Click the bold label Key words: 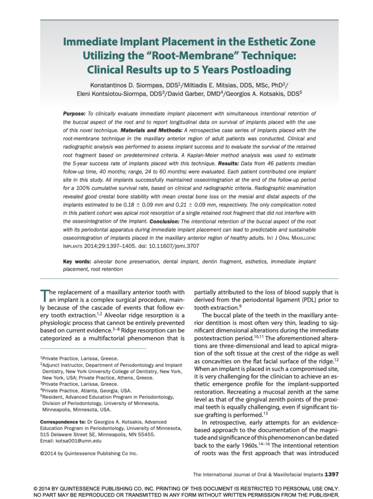(77, 262)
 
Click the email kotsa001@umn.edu (71, 441)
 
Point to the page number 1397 (332, 474)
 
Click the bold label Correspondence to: (61, 420)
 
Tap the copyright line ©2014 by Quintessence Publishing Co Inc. (88, 453)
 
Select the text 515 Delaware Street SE (70, 434)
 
